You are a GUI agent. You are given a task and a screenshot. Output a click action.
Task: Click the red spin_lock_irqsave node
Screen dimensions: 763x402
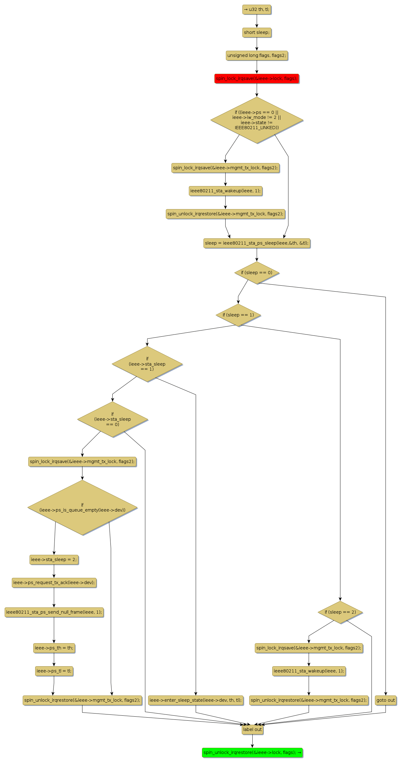256,78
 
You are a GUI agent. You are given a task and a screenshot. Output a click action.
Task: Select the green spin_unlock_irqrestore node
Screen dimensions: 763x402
252,752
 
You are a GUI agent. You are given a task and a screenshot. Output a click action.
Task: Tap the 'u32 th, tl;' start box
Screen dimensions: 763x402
257,9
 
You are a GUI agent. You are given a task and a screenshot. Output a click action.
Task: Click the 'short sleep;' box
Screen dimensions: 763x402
257,32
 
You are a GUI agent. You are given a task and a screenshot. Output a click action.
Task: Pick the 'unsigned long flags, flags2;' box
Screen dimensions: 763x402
257,55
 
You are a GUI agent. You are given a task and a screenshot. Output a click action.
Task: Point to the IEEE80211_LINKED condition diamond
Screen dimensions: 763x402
257,120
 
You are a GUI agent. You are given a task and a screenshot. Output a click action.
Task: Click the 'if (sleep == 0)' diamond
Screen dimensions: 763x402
257,273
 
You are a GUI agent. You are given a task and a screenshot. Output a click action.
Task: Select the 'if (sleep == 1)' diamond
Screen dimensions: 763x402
238,315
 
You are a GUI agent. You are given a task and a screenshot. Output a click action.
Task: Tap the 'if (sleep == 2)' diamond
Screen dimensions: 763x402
340,612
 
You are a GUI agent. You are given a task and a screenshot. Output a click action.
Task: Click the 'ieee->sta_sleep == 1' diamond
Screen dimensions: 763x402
147,364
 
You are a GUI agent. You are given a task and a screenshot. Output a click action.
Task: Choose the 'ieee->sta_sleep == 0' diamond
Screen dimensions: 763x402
113,419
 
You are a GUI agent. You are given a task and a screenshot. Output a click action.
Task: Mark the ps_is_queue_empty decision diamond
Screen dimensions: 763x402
82,508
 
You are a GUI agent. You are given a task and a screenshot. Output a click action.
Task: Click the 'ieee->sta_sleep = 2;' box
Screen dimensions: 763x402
54,559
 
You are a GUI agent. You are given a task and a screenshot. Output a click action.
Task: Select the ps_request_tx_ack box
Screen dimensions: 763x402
54,583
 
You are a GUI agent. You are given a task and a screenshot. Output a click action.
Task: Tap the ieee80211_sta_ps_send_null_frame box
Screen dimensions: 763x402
54,612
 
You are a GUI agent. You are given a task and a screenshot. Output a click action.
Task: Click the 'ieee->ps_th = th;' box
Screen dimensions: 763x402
54,648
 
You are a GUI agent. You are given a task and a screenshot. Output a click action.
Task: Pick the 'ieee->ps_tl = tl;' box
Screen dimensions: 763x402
54,671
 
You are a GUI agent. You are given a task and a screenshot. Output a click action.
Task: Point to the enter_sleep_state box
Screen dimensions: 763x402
195,700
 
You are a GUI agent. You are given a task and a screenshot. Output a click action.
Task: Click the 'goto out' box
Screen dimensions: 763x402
386,700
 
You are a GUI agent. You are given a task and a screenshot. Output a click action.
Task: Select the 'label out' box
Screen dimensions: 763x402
252,729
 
